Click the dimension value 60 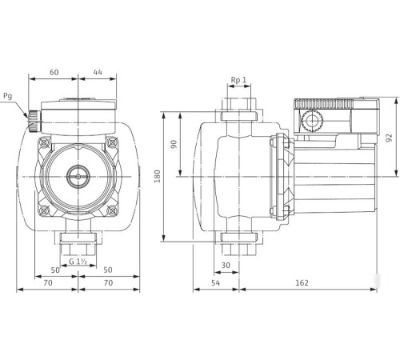54,72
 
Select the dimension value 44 98,72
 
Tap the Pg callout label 8,96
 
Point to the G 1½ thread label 78,262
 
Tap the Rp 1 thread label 238,80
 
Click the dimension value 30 226,265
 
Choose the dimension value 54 214,282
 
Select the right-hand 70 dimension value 107,282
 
